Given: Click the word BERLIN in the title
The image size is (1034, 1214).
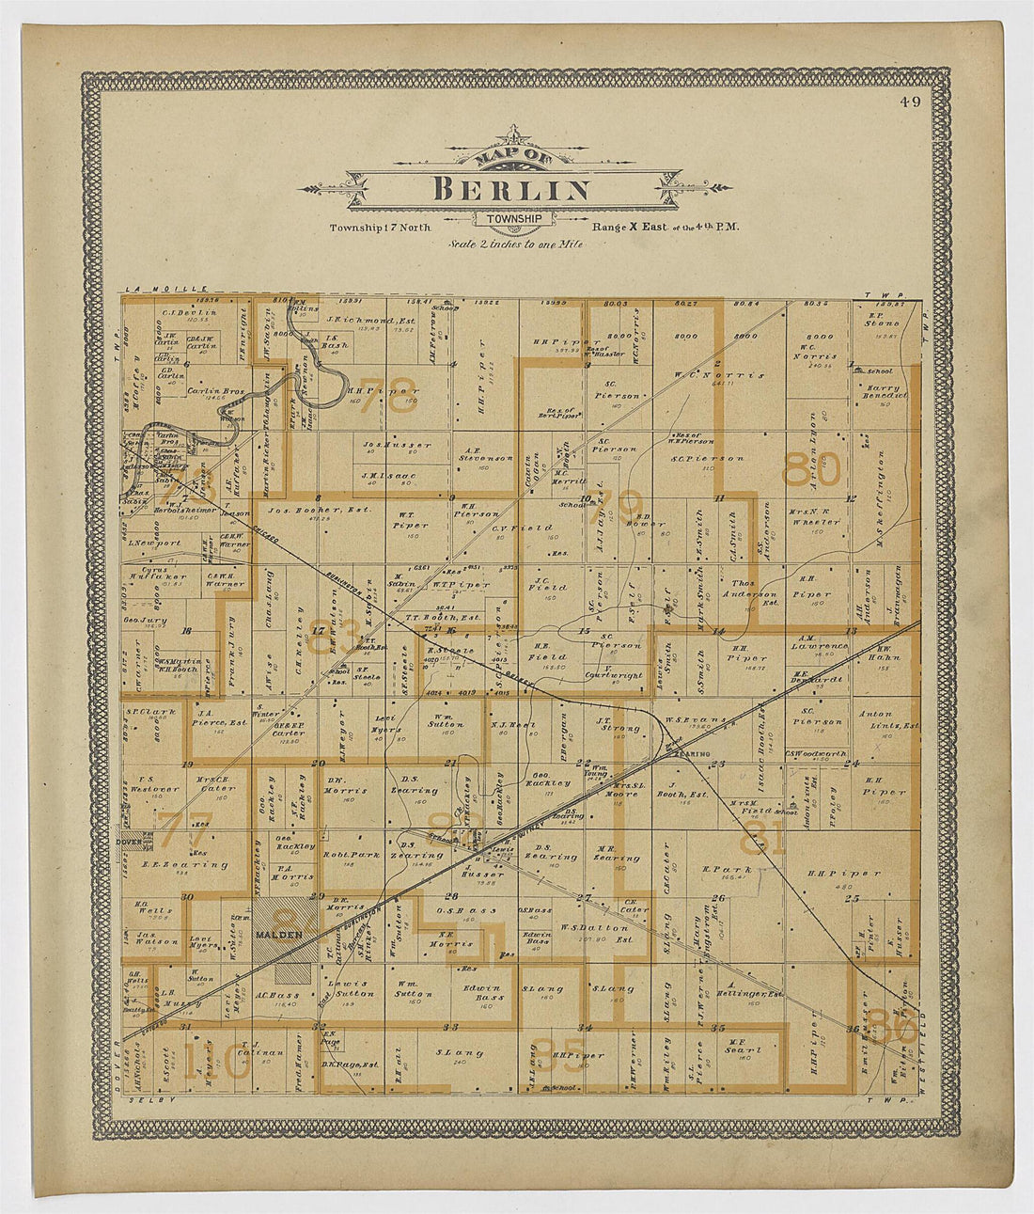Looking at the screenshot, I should pyautogui.click(x=512, y=189).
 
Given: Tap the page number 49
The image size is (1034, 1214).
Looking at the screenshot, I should pyautogui.click(x=909, y=102).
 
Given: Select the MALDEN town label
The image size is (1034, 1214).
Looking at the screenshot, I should pyautogui.click(x=277, y=934).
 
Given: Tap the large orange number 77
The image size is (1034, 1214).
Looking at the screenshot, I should pyautogui.click(x=184, y=830).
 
